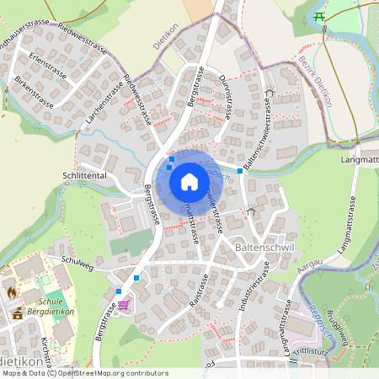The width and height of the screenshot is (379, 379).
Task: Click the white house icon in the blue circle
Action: tap(189, 181)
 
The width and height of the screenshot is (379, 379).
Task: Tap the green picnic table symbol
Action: tap(319, 16)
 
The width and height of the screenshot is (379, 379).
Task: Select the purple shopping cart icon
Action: tap(124, 305)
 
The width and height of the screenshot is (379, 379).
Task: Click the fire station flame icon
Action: tap(12, 291)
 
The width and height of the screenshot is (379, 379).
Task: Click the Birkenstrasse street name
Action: tap(34, 93)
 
